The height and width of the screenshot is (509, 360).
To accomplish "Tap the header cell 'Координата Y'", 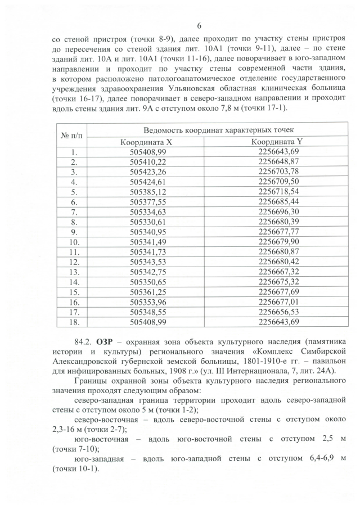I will (278, 142).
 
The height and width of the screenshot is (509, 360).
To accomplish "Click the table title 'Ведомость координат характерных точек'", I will (213, 130).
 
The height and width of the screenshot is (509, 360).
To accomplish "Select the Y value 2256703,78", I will (278, 172).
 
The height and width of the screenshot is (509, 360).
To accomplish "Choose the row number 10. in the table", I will (74, 242).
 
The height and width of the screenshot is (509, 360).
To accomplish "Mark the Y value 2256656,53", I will (278, 312).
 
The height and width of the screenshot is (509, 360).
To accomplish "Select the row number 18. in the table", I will (74, 322).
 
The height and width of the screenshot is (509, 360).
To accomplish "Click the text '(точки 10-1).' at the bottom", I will (74, 470).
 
